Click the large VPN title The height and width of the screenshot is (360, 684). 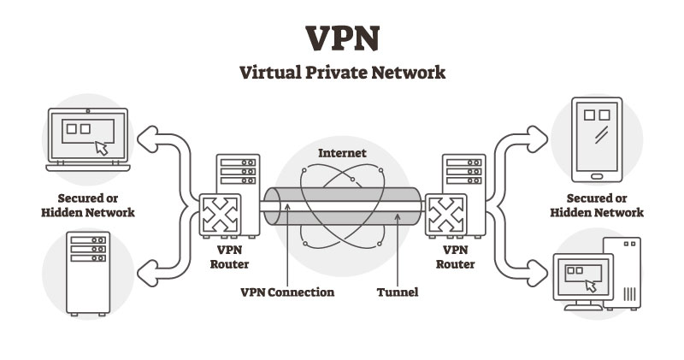click(x=342, y=39)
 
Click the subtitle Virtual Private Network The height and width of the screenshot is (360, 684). click(x=342, y=73)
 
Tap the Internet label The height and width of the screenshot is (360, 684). click(x=342, y=153)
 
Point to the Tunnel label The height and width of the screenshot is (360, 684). click(x=398, y=292)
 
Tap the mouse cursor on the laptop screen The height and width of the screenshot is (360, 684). click(x=102, y=146)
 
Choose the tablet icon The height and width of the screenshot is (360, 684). click(x=596, y=139)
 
